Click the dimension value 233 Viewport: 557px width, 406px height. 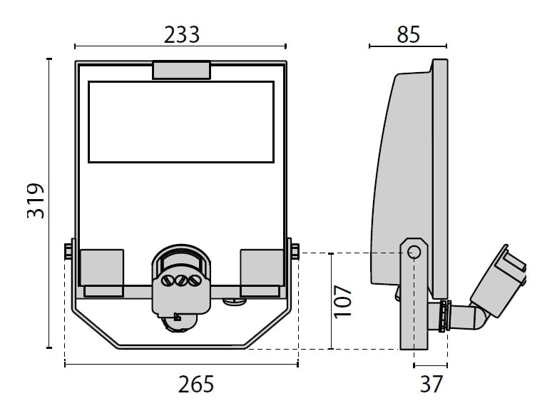[x=182, y=35]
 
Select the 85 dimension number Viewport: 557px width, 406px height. [x=408, y=34]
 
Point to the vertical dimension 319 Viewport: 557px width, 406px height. [x=36, y=201]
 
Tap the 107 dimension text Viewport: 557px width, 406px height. [x=342, y=301]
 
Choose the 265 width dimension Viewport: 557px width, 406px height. [x=196, y=385]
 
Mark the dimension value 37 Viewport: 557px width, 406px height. [x=431, y=384]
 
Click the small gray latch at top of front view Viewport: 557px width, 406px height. [x=182, y=71]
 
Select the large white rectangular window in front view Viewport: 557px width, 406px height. [x=181, y=122]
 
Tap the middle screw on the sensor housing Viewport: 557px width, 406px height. [x=181, y=280]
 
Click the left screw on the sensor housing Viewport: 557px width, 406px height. [x=168, y=280]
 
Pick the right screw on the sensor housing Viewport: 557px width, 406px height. [x=194, y=280]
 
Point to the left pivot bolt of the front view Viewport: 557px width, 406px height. [x=68, y=251]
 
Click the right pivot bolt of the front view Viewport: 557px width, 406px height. [x=295, y=251]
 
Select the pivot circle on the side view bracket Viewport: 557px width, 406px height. [x=414, y=253]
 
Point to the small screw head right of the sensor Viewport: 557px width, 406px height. [x=234, y=302]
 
